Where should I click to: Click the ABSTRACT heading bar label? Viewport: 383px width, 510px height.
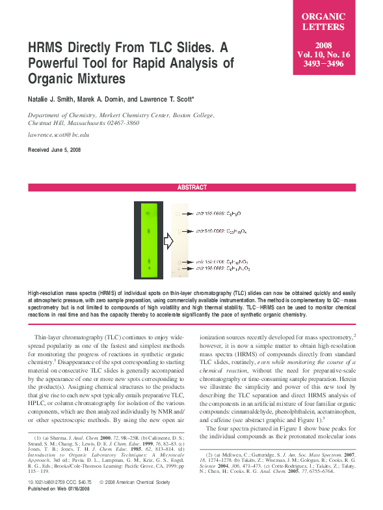coord(192,188)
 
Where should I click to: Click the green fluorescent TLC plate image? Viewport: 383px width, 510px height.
coord(150,241)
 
